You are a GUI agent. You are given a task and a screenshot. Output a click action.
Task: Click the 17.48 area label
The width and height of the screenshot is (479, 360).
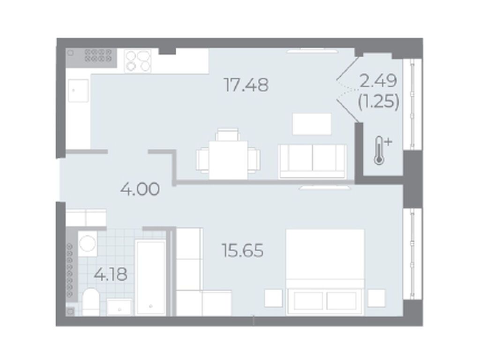(x=246, y=85)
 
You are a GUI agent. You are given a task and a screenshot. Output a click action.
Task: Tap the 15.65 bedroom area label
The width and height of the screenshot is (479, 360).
(x=243, y=250)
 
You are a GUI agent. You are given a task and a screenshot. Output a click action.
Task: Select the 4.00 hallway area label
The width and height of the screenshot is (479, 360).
(x=140, y=189)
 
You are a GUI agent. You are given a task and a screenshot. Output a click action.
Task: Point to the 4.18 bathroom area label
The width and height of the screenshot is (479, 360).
(x=111, y=274)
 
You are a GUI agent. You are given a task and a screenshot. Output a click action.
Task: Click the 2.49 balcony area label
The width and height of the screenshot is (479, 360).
(x=378, y=81)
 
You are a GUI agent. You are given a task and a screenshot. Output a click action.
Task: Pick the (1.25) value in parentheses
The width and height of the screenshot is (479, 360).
(x=379, y=101)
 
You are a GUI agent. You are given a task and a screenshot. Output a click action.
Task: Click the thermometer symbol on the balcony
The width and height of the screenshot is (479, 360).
(x=380, y=150)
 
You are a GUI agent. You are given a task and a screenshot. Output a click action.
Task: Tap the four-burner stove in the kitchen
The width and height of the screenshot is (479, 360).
(x=137, y=61)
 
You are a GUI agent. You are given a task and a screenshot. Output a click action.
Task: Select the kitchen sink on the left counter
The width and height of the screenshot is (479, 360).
(x=79, y=90)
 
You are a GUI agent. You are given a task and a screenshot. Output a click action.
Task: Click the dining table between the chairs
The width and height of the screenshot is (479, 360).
(x=228, y=160)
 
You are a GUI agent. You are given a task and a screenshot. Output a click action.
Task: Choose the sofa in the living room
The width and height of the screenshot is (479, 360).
(x=313, y=161)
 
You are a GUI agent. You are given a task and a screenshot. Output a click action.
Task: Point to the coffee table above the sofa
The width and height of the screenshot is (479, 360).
(x=312, y=124)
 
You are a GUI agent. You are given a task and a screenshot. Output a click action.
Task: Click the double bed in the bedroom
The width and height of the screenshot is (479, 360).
(x=325, y=272)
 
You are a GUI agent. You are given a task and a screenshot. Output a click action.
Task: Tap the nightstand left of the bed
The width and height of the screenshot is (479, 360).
(x=273, y=298)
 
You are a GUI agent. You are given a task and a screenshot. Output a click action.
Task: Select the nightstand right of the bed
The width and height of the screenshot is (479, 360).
(x=376, y=298)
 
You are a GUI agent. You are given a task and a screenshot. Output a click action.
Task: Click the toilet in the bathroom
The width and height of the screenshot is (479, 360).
(x=91, y=302)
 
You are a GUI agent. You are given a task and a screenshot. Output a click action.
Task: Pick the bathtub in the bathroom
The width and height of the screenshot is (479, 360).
(x=151, y=277)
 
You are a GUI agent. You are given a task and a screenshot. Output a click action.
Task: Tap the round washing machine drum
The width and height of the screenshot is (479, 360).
(x=87, y=244)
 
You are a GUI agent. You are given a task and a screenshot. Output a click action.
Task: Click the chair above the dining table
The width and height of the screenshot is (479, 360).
(x=227, y=135)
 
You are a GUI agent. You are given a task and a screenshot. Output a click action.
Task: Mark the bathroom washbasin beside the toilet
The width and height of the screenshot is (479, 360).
(x=120, y=307)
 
